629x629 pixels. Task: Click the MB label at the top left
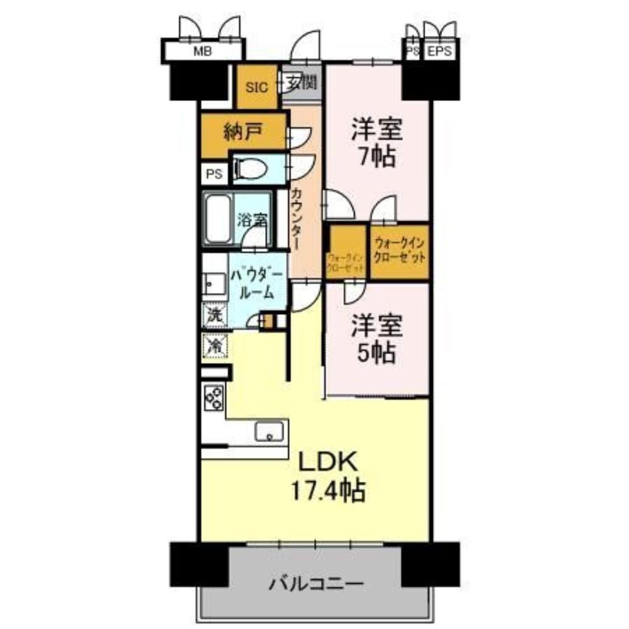click(x=201, y=52)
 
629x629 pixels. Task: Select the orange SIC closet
click(x=257, y=87)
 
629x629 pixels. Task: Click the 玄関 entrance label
click(x=303, y=82)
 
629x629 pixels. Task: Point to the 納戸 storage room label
click(x=243, y=132)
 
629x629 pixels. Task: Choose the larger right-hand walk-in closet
click(x=400, y=252)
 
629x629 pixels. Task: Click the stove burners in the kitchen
click(x=214, y=397)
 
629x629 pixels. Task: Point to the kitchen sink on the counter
click(x=269, y=431)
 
